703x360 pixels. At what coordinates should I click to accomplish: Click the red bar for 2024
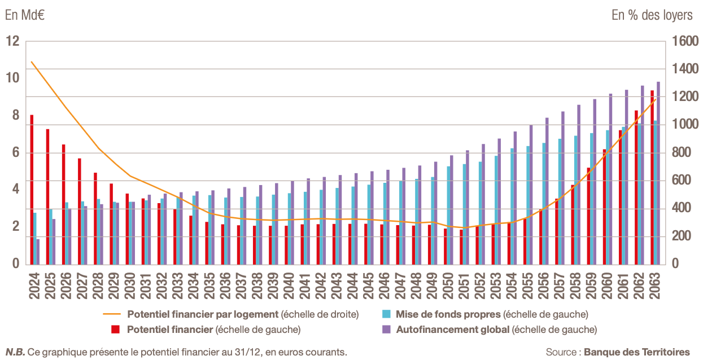[32, 190]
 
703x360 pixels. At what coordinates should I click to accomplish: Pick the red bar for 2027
[80, 212]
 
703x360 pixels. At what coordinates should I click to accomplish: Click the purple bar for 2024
[38, 252]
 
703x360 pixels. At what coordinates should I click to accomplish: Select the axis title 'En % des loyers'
[652, 15]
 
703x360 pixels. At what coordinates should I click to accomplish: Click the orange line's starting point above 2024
[32, 62]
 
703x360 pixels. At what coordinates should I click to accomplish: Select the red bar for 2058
[572, 225]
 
